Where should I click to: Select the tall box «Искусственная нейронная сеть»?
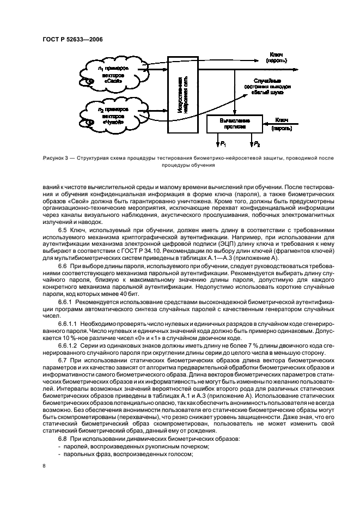tap(181, 95)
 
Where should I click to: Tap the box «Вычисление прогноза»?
tap(234, 123)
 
